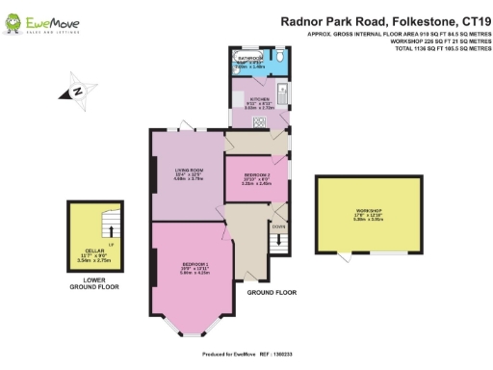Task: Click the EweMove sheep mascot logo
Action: (x=15, y=20)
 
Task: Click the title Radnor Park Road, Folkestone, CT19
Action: (x=383, y=18)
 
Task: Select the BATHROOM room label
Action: (x=249, y=63)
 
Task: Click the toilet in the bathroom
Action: (x=277, y=58)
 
